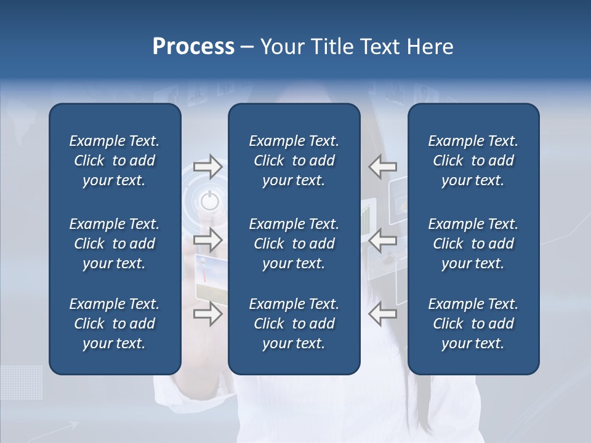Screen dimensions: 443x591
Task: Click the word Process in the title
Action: click(193, 47)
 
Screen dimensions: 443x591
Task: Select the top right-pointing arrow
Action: click(207, 166)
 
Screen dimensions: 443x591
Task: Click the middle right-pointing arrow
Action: click(207, 240)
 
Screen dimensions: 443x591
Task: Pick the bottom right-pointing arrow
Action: click(207, 314)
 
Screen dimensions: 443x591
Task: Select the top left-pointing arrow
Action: click(382, 166)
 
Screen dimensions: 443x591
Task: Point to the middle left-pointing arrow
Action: click(382, 240)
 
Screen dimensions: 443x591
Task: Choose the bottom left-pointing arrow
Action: click(382, 314)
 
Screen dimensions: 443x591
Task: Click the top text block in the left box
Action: click(115, 161)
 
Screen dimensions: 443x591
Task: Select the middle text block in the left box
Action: click(115, 244)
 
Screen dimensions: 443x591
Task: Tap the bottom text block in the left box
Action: click(115, 324)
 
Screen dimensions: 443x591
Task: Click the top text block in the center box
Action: click(294, 161)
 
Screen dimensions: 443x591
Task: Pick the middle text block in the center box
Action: click(294, 244)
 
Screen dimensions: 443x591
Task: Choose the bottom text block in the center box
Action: click(294, 324)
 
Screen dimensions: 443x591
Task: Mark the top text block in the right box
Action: click(473, 161)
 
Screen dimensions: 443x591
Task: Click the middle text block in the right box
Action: click(473, 244)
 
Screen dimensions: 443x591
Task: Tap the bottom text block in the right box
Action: click(473, 324)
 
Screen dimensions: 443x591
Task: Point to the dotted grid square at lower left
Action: click(22, 381)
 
